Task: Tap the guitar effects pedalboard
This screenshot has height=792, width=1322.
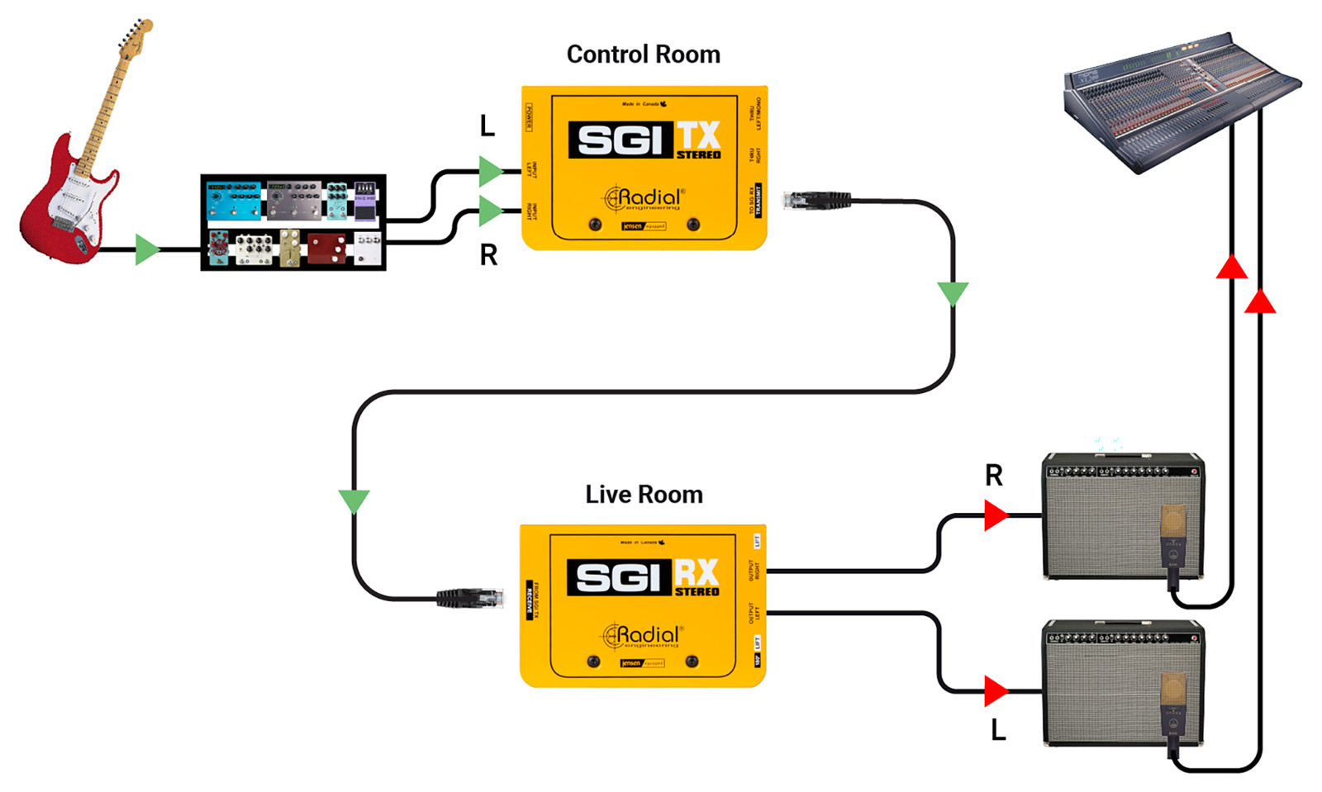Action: [293, 222]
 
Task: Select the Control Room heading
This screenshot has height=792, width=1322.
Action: [643, 55]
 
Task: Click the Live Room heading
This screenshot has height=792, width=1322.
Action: [644, 495]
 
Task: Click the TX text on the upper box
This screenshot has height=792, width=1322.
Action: [698, 136]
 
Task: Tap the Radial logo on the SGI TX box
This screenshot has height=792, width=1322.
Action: [644, 198]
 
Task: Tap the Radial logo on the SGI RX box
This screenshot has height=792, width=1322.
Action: [643, 635]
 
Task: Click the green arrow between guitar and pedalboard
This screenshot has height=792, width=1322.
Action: [147, 249]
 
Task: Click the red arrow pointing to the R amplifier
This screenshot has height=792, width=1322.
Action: [996, 515]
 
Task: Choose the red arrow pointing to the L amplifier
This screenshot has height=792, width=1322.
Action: [996, 690]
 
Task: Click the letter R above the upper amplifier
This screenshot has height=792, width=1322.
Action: [994, 476]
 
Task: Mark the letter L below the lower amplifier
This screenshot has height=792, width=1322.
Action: [998, 730]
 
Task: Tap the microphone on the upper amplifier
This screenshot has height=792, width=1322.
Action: [1173, 541]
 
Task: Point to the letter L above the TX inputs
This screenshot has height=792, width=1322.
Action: [487, 126]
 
